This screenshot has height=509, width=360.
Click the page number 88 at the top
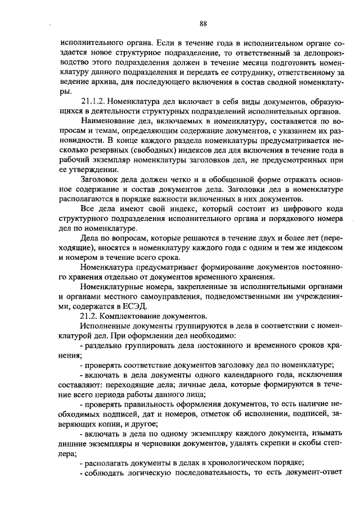click(x=203, y=23)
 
